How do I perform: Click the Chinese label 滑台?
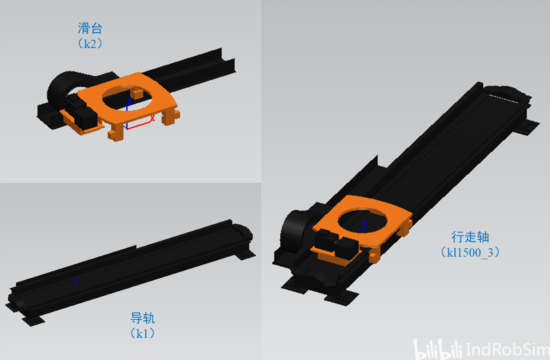(x=90, y=28)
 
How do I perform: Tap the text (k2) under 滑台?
(x=90, y=43)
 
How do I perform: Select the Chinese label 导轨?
(x=143, y=318)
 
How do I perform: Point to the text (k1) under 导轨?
(x=143, y=333)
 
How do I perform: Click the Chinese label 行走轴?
(x=470, y=237)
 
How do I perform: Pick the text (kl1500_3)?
(x=470, y=252)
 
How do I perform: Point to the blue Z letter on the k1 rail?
(x=76, y=281)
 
